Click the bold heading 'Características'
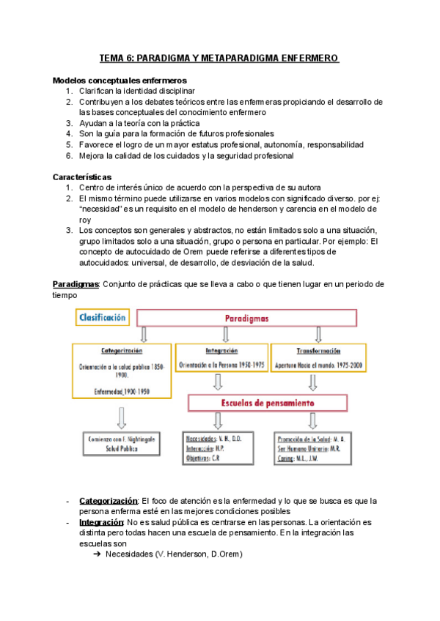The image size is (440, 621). (82, 177)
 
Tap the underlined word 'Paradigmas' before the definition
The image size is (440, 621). (76, 283)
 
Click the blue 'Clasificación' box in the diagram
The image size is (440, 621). (102, 317)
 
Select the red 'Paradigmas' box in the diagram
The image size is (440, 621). (246, 319)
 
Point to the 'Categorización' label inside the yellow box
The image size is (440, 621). (122, 351)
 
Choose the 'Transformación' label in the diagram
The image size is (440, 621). (317, 351)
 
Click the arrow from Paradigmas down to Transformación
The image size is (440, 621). (318, 335)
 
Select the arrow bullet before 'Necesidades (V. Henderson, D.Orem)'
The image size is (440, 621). (96, 554)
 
